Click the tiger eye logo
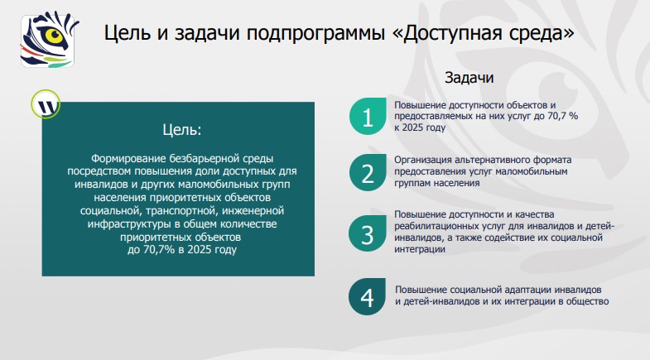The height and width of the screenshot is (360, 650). click(46, 38)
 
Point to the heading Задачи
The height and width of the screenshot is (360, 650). click(469, 79)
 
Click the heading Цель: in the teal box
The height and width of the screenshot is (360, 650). click(179, 130)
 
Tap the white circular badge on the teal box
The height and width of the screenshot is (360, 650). click(46, 105)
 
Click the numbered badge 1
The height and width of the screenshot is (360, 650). click(368, 117)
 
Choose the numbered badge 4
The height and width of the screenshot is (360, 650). click(368, 296)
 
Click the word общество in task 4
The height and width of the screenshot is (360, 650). click(588, 302)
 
